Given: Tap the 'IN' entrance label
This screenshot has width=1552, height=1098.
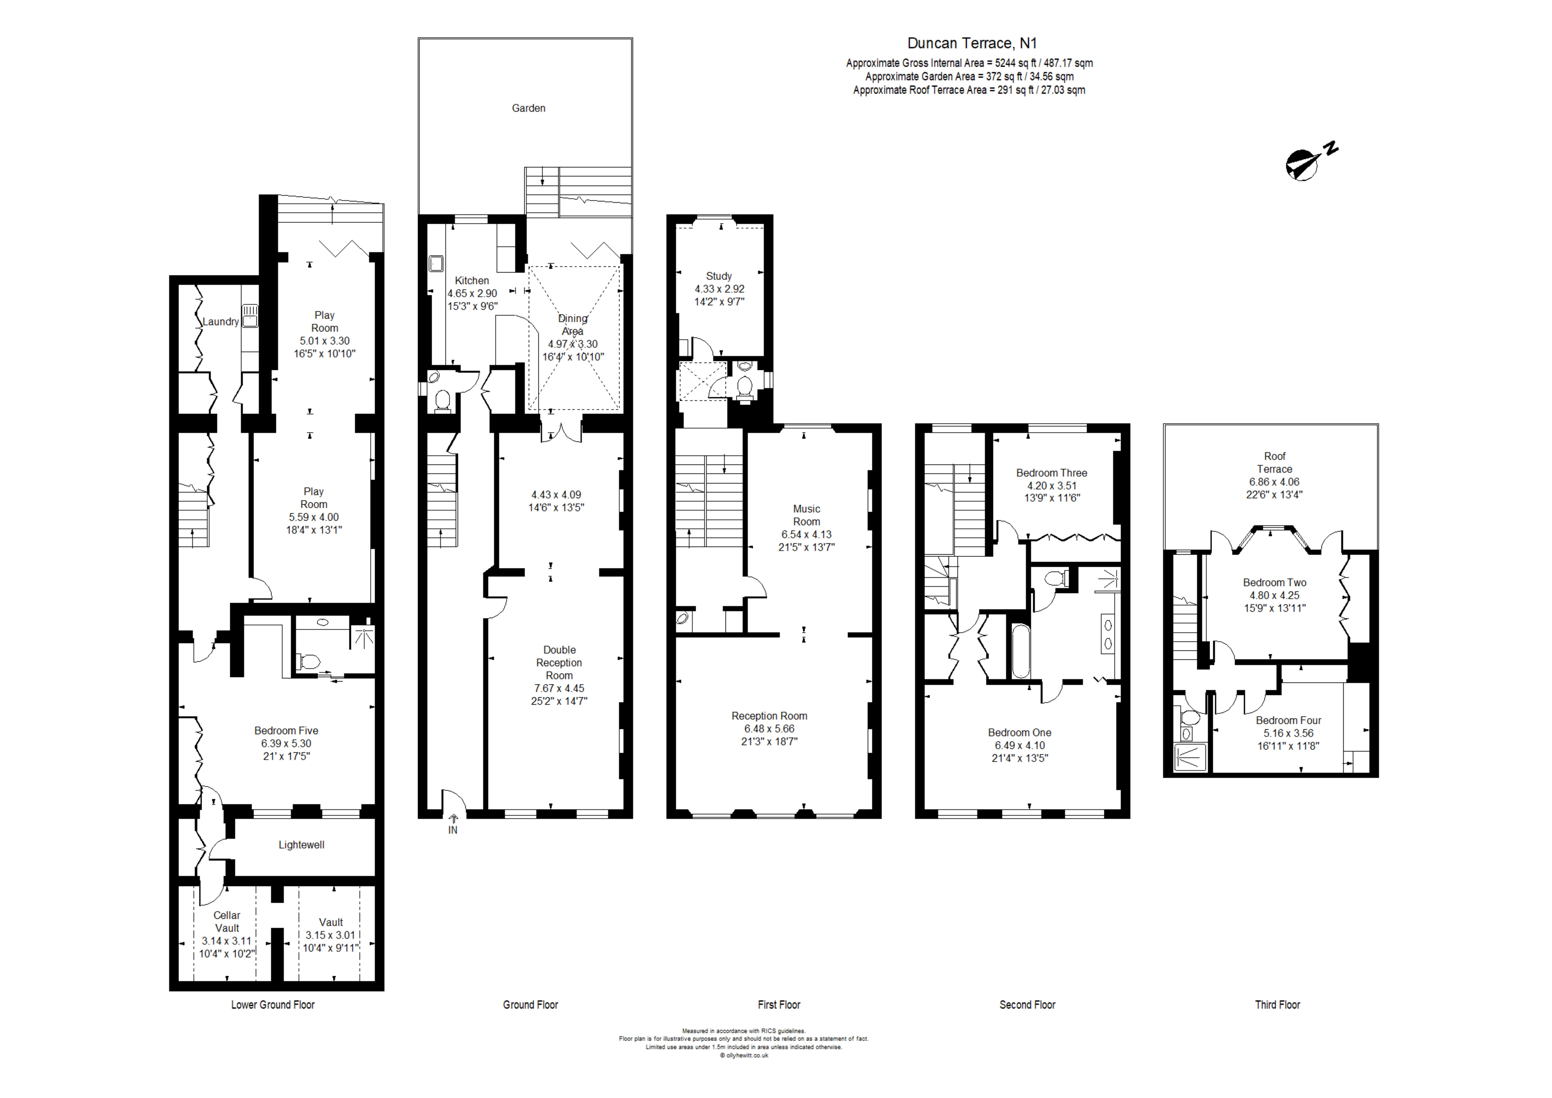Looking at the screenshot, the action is click(453, 830).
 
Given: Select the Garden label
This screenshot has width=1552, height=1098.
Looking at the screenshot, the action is click(529, 108).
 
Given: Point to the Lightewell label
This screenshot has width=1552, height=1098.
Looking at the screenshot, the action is click(302, 845).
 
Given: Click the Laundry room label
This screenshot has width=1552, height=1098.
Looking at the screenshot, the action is click(221, 322).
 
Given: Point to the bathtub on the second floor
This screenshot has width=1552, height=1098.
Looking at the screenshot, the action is click(1021, 650).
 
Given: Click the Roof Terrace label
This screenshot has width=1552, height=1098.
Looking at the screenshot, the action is click(1275, 462).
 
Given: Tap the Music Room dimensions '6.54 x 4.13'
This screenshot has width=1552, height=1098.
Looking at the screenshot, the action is click(807, 534).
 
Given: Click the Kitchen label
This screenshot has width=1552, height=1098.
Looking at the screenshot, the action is click(472, 280).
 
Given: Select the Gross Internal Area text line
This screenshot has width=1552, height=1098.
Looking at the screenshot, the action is click(969, 63).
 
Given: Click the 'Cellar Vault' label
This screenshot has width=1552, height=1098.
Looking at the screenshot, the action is click(227, 922).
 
